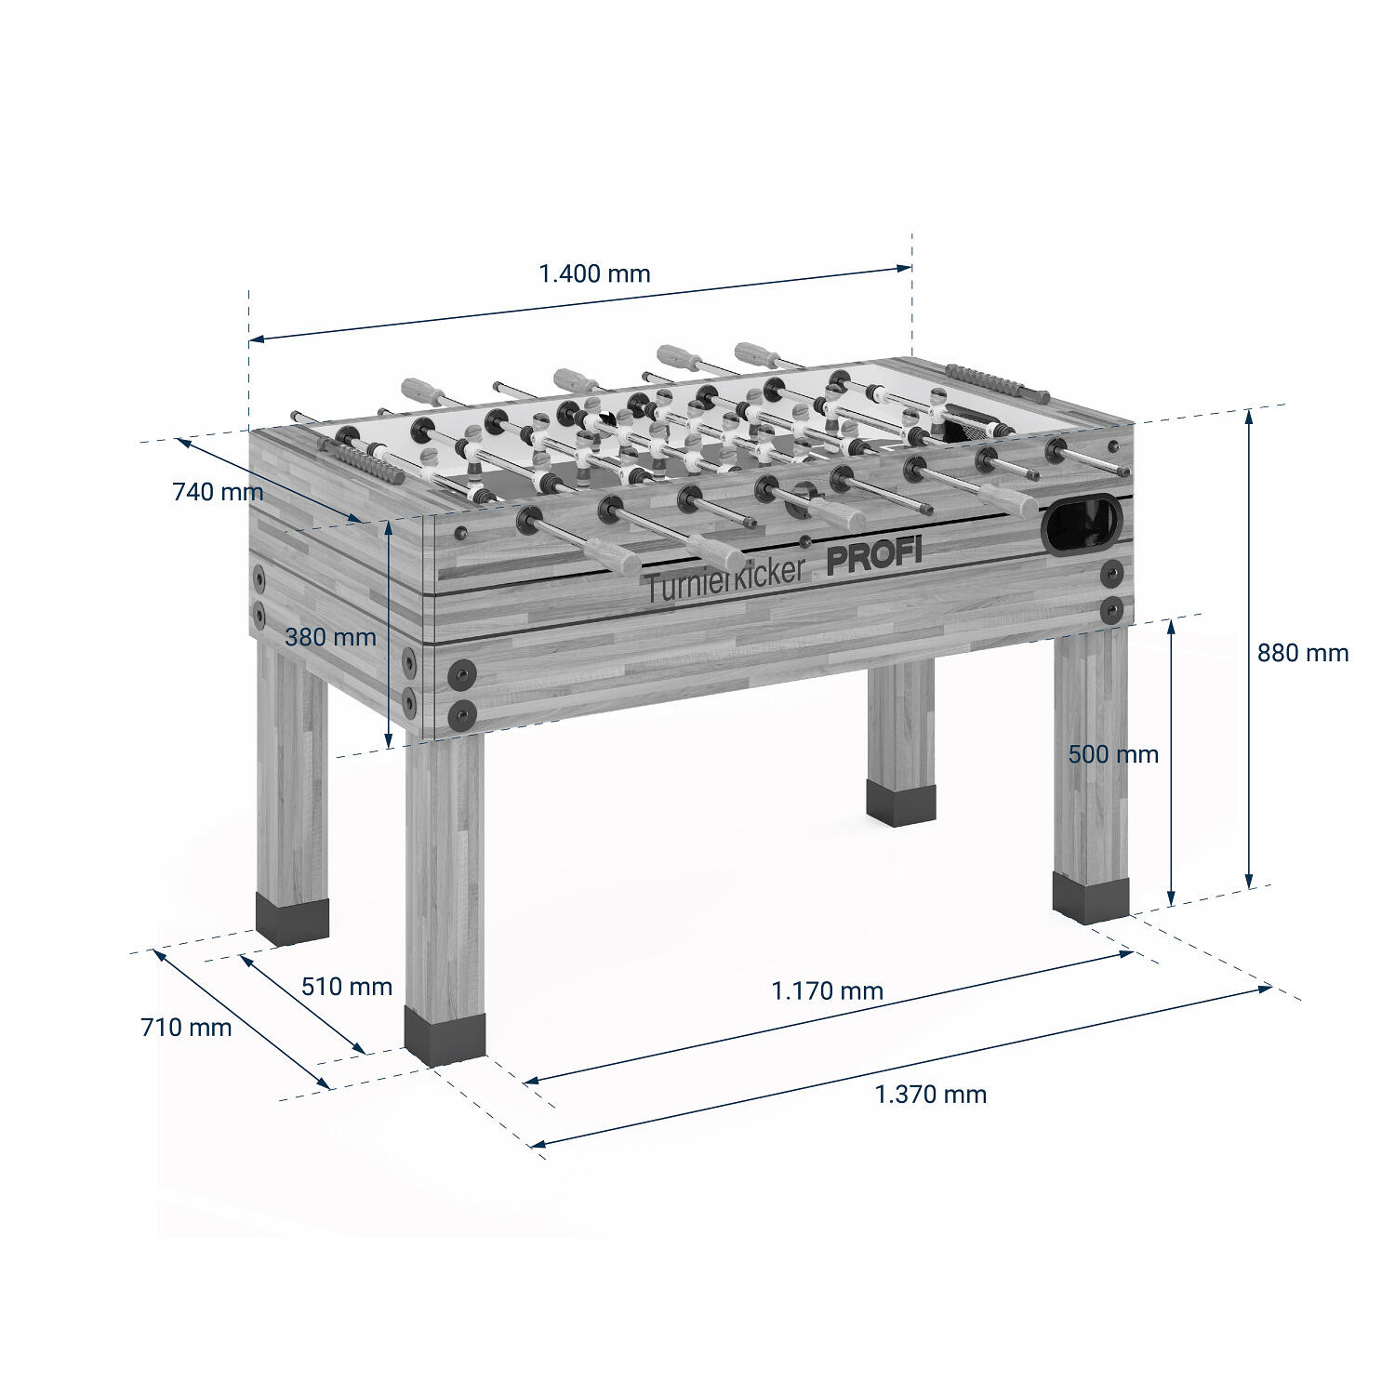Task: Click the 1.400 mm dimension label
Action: [x=595, y=273]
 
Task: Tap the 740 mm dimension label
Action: [x=218, y=491]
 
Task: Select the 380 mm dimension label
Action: [x=330, y=637]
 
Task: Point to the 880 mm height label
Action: [x=1303, y=653]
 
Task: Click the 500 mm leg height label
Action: [x=1113, y=754]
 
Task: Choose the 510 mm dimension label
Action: [x=347, y=986]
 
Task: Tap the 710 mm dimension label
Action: [x=186, y=1027]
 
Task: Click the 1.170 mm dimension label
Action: [x=828, y=990]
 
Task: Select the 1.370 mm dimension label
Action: [x=931, y=1094]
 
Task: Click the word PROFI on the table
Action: [x=874, y=555]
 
